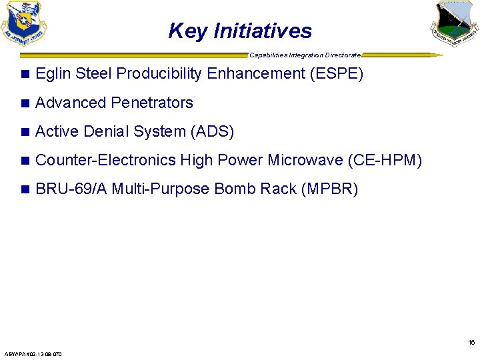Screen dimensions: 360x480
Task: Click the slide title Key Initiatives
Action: tap(240, 31)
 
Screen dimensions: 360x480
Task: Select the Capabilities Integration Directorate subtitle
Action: tap(305, 55)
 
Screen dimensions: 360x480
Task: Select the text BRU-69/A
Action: tap(71, 189)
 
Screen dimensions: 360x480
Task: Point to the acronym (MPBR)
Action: tap(329, 189)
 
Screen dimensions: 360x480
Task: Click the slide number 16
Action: tap(471, 343)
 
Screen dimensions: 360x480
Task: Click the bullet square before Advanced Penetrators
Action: tap(25, 103)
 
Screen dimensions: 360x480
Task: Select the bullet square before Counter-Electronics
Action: tap(25, 161)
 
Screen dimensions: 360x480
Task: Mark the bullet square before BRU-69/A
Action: tap(25, 189)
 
